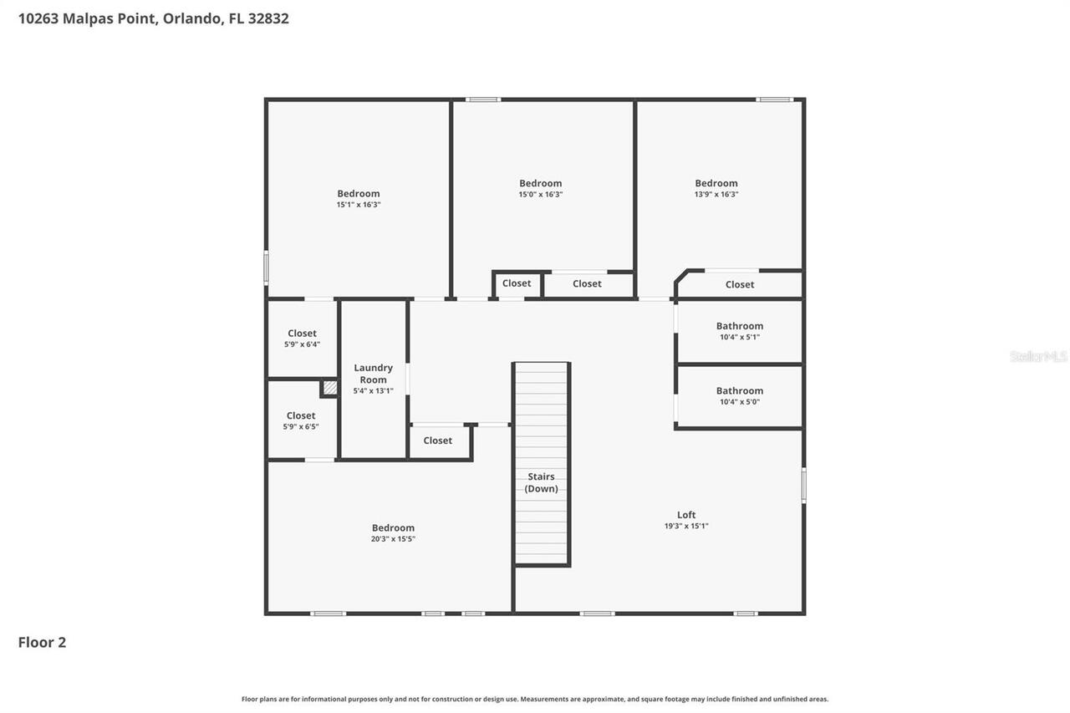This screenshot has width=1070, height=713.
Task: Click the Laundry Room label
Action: pos(373,374)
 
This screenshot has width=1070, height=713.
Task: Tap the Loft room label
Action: pos(686,515)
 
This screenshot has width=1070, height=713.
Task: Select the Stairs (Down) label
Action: pos(541,482)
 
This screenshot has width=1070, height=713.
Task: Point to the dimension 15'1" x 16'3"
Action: pos(359,205)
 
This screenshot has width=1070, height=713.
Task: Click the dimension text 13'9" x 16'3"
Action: pos(716,195)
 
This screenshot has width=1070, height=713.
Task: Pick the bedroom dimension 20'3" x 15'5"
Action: pos(393,539)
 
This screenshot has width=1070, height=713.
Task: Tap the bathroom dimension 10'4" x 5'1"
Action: pos(740,337)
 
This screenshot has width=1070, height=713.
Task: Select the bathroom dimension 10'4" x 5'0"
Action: pos(740,402)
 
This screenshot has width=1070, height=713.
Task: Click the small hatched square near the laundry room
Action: pos(329,387)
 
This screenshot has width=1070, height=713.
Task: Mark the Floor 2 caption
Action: pos(42,642)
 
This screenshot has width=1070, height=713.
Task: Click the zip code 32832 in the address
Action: pos(268,18)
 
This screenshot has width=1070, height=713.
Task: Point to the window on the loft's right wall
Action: pos(803,485)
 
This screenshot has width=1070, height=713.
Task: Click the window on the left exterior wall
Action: pos(266,268)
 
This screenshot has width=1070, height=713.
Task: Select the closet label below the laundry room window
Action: pos(437,441)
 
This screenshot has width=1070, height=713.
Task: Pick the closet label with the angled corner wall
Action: pos(740,285)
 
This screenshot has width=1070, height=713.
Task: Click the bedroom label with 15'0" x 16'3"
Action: pos(540,183)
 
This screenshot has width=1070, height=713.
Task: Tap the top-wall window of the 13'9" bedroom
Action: pos(774,99)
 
